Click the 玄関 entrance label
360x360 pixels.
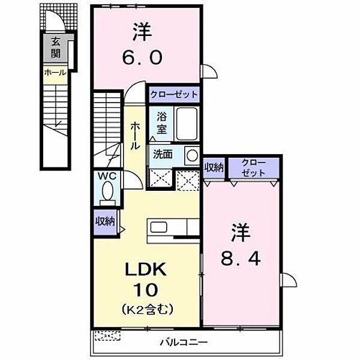coord(55,48)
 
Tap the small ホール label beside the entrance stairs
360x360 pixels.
coord(55,73)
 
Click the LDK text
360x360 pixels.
coord(147,269)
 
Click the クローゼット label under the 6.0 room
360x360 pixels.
coord(173,95)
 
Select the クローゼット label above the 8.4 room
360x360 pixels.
coord(252,167)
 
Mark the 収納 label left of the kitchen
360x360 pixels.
coord(104,221)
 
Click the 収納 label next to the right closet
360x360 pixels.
coord(214,167)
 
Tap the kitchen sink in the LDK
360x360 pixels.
coord(160,227)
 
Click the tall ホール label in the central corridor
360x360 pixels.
coord(135,134)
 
